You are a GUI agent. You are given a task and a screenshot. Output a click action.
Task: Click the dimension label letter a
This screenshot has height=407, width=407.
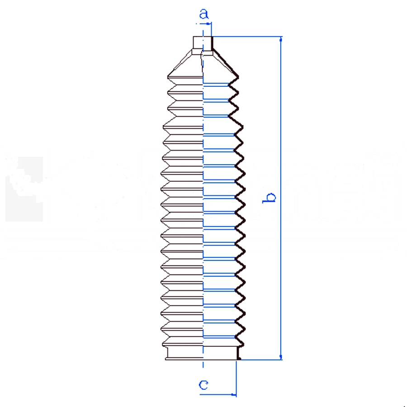pyautogui.click(x=204, y=14)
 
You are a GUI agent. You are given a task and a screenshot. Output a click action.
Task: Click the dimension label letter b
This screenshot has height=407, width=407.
pyautogui.click(x=269, y=198)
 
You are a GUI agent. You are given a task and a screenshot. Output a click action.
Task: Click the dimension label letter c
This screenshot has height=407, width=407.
pyautogui.click(x=203, y=385)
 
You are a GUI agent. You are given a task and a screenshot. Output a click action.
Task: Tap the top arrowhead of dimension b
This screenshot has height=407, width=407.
pyautogui.click(x=281, y=39)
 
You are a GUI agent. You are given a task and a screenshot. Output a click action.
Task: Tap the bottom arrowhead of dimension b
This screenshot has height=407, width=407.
pyautogui.click(x=281, y=357)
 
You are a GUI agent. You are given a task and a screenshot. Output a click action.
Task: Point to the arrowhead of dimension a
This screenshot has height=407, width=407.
pyautogui.click(x=208, y=24)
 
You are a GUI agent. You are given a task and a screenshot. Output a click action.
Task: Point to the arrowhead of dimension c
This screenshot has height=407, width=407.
pyautogui.click(x=233, y=395)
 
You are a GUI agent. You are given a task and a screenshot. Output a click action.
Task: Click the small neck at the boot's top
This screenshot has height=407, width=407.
pyautogui.click(x=203, y=43)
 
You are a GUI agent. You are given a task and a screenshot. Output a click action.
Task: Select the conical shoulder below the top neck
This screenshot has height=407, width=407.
pyautogui.click(x=203, y=63)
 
